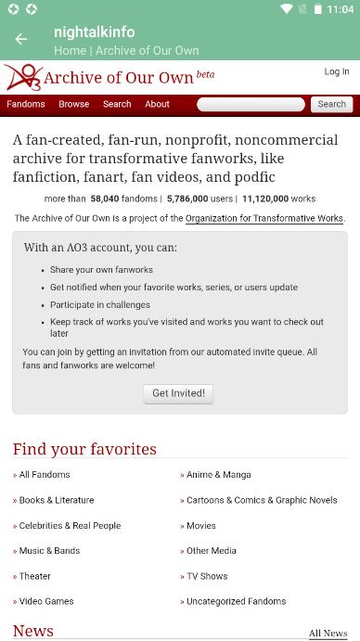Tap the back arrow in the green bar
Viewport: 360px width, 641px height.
click(21, 39)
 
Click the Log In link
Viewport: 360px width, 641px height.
click(337, 71)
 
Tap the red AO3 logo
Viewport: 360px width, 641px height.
click(22, 77)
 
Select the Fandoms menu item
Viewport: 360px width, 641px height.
click(26, 104)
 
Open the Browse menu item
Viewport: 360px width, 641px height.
click(74, 104)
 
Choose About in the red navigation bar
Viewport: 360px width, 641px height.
click(157, 104)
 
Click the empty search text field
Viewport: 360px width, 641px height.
click(251, 105)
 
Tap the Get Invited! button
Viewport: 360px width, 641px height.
click(179, 393)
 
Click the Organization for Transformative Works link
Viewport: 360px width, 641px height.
click(264, 219)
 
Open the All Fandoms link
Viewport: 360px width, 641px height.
click(45, 475)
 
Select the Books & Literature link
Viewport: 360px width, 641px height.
click(57, 500)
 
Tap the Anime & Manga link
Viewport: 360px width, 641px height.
click(218, 475)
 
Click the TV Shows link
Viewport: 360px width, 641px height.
click(207, 576)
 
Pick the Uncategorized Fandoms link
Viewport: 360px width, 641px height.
click(236, 601)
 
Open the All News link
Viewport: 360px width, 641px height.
click(328, 634)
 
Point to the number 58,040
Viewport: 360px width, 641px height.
click(110, 199)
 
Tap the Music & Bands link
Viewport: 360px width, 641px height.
click(49, 551)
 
